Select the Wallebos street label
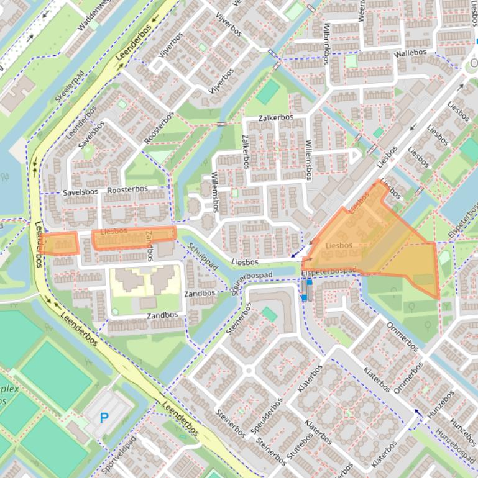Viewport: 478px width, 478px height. pos(410,54)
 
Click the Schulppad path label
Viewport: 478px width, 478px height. pos(203,256)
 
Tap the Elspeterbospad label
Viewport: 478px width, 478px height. pos(328,271)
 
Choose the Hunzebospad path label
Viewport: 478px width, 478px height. pos(456,448)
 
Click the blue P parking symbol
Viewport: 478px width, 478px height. pos(104,418)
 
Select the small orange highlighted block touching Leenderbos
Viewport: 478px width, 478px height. pos(60,243)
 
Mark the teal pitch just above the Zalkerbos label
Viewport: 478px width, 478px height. pos(268,92)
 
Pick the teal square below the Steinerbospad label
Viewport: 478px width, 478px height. pos(269,314)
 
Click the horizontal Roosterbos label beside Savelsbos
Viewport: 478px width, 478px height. pos(127,189)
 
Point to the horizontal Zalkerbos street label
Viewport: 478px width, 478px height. pos(276,117)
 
